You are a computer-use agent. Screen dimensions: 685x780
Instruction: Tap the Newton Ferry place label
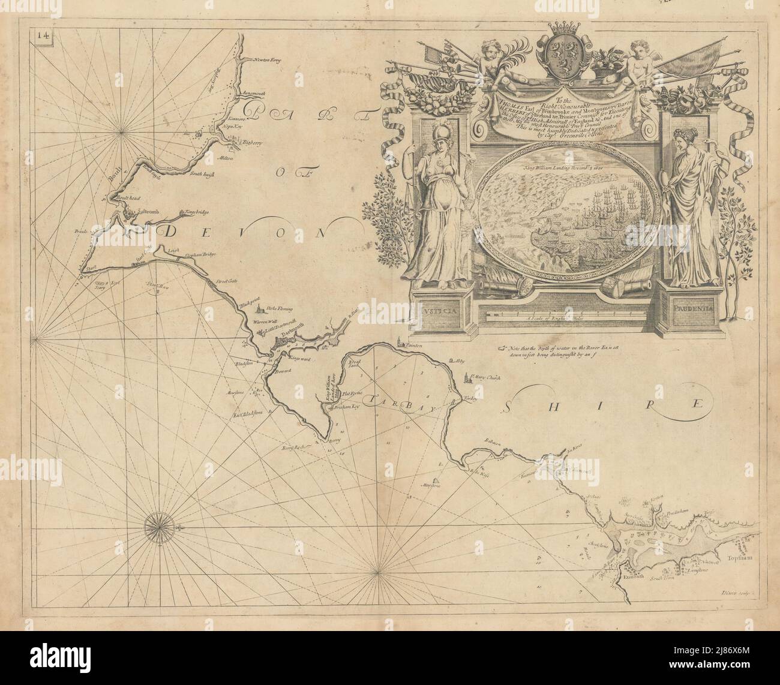click(x=268, y=60)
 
